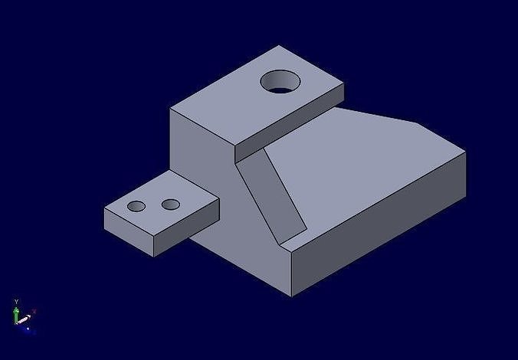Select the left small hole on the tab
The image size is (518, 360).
coord(136,206)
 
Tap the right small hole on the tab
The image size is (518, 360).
coord(171,205)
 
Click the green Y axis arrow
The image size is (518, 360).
coord(16,313)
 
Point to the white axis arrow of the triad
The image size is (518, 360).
coord(25,318)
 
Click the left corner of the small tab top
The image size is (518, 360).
coord(104,209)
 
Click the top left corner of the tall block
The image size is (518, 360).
coord(170,109)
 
